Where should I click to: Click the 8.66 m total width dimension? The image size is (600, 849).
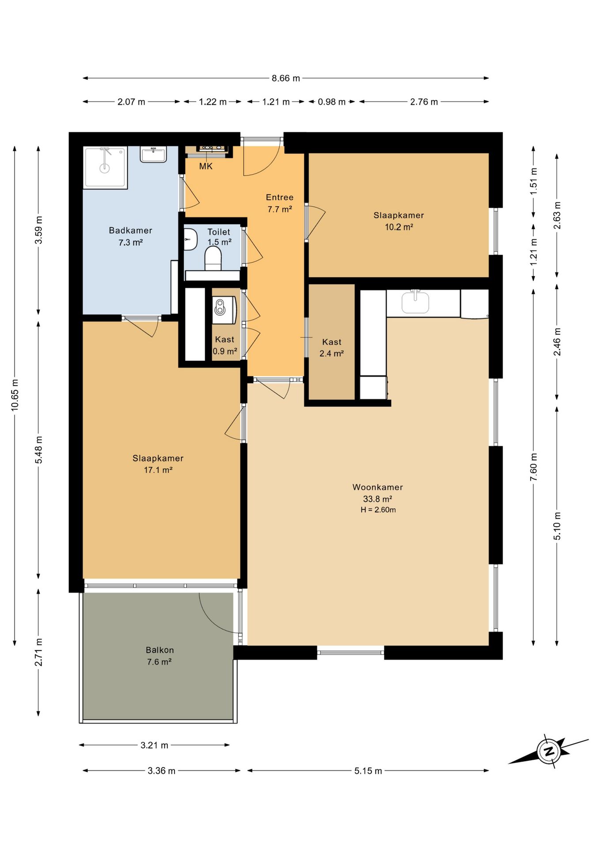pyautogui.click(x=286, y=78)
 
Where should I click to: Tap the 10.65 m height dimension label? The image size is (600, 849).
pyautogui.click(x=15, y=395)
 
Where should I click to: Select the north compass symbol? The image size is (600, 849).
pyautogui.click(x=549, y=751)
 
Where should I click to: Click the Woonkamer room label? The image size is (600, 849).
pyautogui.click(x=378, y=487)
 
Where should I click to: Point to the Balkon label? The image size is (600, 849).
pyautogui.click(x=160, y=650)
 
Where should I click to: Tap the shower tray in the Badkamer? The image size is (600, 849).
pyautogui.click(x=105, y=167)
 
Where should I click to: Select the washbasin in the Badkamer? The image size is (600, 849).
pyautogui.click(x=153, y=154)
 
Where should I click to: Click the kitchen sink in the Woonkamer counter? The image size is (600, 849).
pyautogui.click(x=415, y=302)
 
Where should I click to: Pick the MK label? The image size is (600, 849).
pyautogui.click(x=206, y=166)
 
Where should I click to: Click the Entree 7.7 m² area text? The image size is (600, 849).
pyautogui.click(x=280, y=209)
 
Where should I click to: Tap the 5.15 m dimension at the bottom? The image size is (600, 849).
pyautogui.click(x=368, y=771)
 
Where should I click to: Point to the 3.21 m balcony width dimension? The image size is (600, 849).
pyautogui.click(x=154, y=745)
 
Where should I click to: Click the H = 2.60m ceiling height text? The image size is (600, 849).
pyautogui.click(x=378, y=510)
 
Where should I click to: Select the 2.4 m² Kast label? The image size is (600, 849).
pyautogui.click(x=332, y=353)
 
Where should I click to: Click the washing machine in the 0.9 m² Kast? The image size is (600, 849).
pyautogui.click(x=224, y=310)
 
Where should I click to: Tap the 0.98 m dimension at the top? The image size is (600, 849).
pyautogui.click(x=332, y=102)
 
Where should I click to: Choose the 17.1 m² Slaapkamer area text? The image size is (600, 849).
pyautogui.click(x=158, y=470)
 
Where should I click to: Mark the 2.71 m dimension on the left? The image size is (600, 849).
pyautogui.click(x=38, y=652)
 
